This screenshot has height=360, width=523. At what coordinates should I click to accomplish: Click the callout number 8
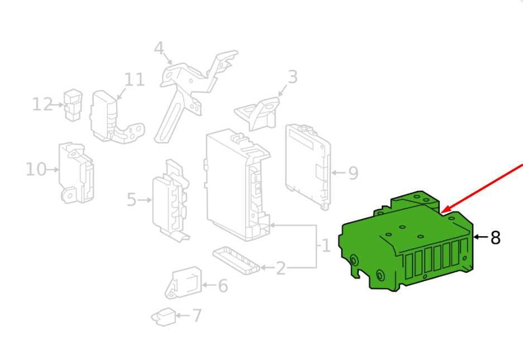point(495,238)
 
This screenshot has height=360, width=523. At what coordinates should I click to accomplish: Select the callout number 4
point(159,49)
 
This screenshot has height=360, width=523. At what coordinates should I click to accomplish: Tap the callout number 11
point(135,80)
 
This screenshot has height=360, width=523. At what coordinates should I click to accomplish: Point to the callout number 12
point(42,104)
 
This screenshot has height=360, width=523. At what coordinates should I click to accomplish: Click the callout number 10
point(36,169)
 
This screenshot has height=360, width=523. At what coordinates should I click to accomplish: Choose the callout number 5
point(131,200)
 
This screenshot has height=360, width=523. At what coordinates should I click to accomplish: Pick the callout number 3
point(292,77)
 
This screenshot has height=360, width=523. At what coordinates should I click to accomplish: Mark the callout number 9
point(353,173)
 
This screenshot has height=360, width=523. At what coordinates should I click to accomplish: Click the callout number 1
point(326,246)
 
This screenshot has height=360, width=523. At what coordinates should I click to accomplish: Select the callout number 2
point(281,268)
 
